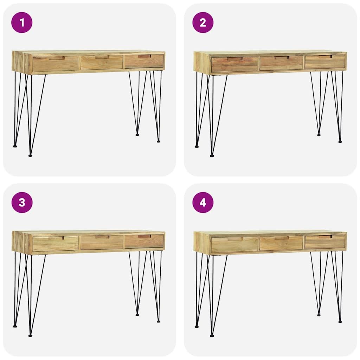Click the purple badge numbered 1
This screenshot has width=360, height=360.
click(x=22, y=22)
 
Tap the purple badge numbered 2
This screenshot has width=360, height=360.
click(x=203, y=22)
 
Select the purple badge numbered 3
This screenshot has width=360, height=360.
click(x=22, y=202)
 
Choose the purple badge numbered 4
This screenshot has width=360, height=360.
click(x=203, y=202)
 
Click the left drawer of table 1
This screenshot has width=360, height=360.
click(x=56, y=64)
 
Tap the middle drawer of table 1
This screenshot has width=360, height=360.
click(x=102, y=62)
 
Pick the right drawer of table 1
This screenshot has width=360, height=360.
click(x=144, y=61)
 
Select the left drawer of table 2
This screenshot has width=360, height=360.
click(x=234, y=64)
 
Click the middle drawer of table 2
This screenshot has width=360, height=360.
click(x=281, y=63)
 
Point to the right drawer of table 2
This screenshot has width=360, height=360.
click(x=325, y=62)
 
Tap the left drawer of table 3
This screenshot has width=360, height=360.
click(x=56, y=244)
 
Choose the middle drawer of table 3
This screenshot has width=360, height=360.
click(x=102, y=242)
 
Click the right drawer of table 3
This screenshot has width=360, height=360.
click(x=144, y=241)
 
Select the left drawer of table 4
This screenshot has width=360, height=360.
click(x=234, y=244)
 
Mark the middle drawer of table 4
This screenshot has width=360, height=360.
click(x=281, y=243)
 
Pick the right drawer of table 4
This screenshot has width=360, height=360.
click(x=325, y=242)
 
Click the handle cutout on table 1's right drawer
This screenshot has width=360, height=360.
click(x=144, y=56)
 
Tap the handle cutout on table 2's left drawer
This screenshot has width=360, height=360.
click(x=235, y=59)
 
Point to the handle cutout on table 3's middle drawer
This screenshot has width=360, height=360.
click(x=102, y=237)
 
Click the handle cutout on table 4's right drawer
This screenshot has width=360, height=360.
click(x=325, y=237)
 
